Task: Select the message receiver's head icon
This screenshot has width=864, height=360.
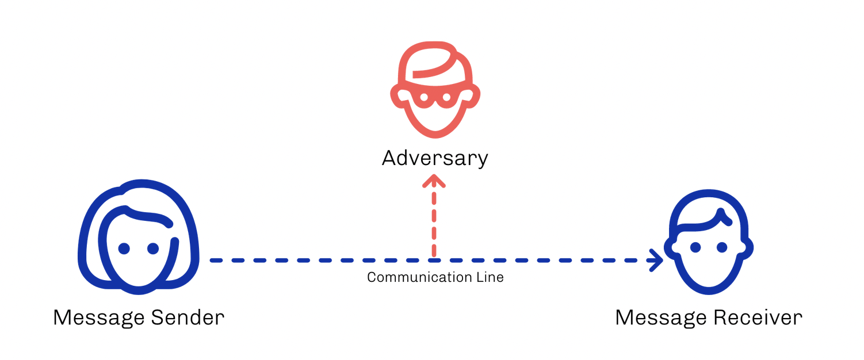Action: (x=709, y=242)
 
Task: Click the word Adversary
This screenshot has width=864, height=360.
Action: (x=435, y=158)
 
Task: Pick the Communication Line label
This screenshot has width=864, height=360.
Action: (x=435, y=278)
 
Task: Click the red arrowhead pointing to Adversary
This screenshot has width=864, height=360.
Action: (x=434, y=182)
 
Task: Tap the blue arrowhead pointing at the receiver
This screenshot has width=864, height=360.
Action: (x=656, y=261)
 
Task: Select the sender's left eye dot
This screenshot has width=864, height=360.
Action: (x=124, y=248)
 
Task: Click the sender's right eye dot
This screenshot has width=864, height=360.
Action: (x=153, y=248)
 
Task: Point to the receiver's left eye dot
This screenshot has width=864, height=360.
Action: (x=695, y=247)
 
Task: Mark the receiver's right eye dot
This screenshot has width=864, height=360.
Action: (x=722, y=247)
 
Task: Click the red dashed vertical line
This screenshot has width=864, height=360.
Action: (x=434, y=224)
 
